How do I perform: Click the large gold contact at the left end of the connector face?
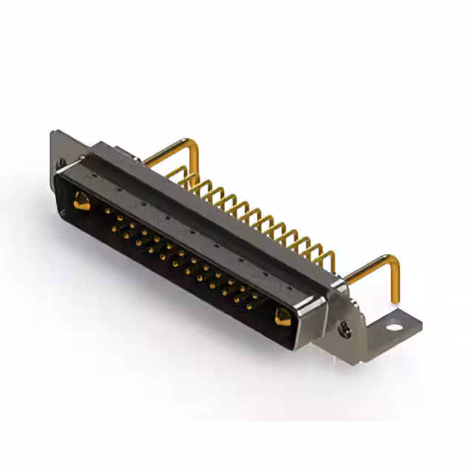click(x=82, y=200)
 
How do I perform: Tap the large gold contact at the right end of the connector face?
click(x=282, y=317)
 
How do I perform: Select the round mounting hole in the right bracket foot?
click(x=395, y=324)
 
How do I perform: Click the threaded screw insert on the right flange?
click(x=344, y=330)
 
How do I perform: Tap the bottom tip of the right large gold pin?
click(x=395, y=302)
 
